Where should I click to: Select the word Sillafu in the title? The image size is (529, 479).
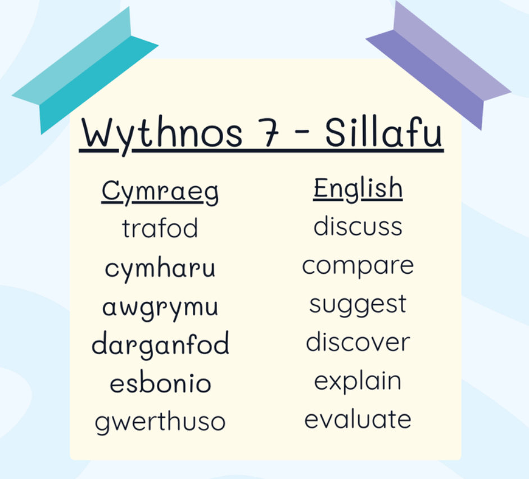[x=383, y=132]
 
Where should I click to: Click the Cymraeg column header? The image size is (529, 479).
[x=160, y=192]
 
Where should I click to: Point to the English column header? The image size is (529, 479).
[x=358, y=189]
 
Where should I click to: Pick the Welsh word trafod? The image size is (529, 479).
[x=160, y=228]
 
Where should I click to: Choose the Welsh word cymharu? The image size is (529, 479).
[x=160, y=269]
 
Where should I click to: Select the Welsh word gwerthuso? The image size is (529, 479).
[x=160, y=421]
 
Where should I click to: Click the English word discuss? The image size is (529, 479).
[x=358, y=225]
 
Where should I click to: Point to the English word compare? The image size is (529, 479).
[x=358, y=266]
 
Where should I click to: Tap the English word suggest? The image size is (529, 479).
[x=358, y=305]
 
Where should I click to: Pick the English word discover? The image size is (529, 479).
[x=358, y=341]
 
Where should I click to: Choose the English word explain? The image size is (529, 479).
[x=358, y=381]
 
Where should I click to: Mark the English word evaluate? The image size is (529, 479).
[x=358, y=419]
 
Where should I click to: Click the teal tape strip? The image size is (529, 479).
[x=85, y=70]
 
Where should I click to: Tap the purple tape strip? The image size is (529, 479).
[x=438, y=66]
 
